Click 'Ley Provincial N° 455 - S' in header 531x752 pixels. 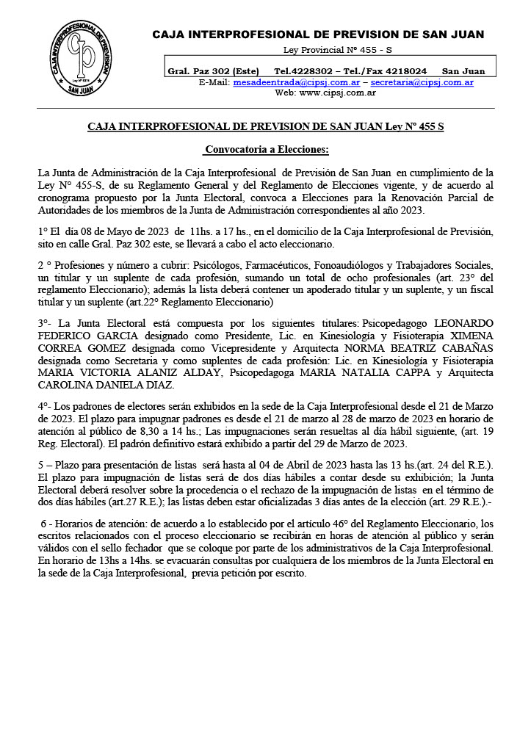tap(338, 49)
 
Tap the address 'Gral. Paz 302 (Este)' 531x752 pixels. tap(213, 71)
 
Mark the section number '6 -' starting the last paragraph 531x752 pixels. tap(46, 523)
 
